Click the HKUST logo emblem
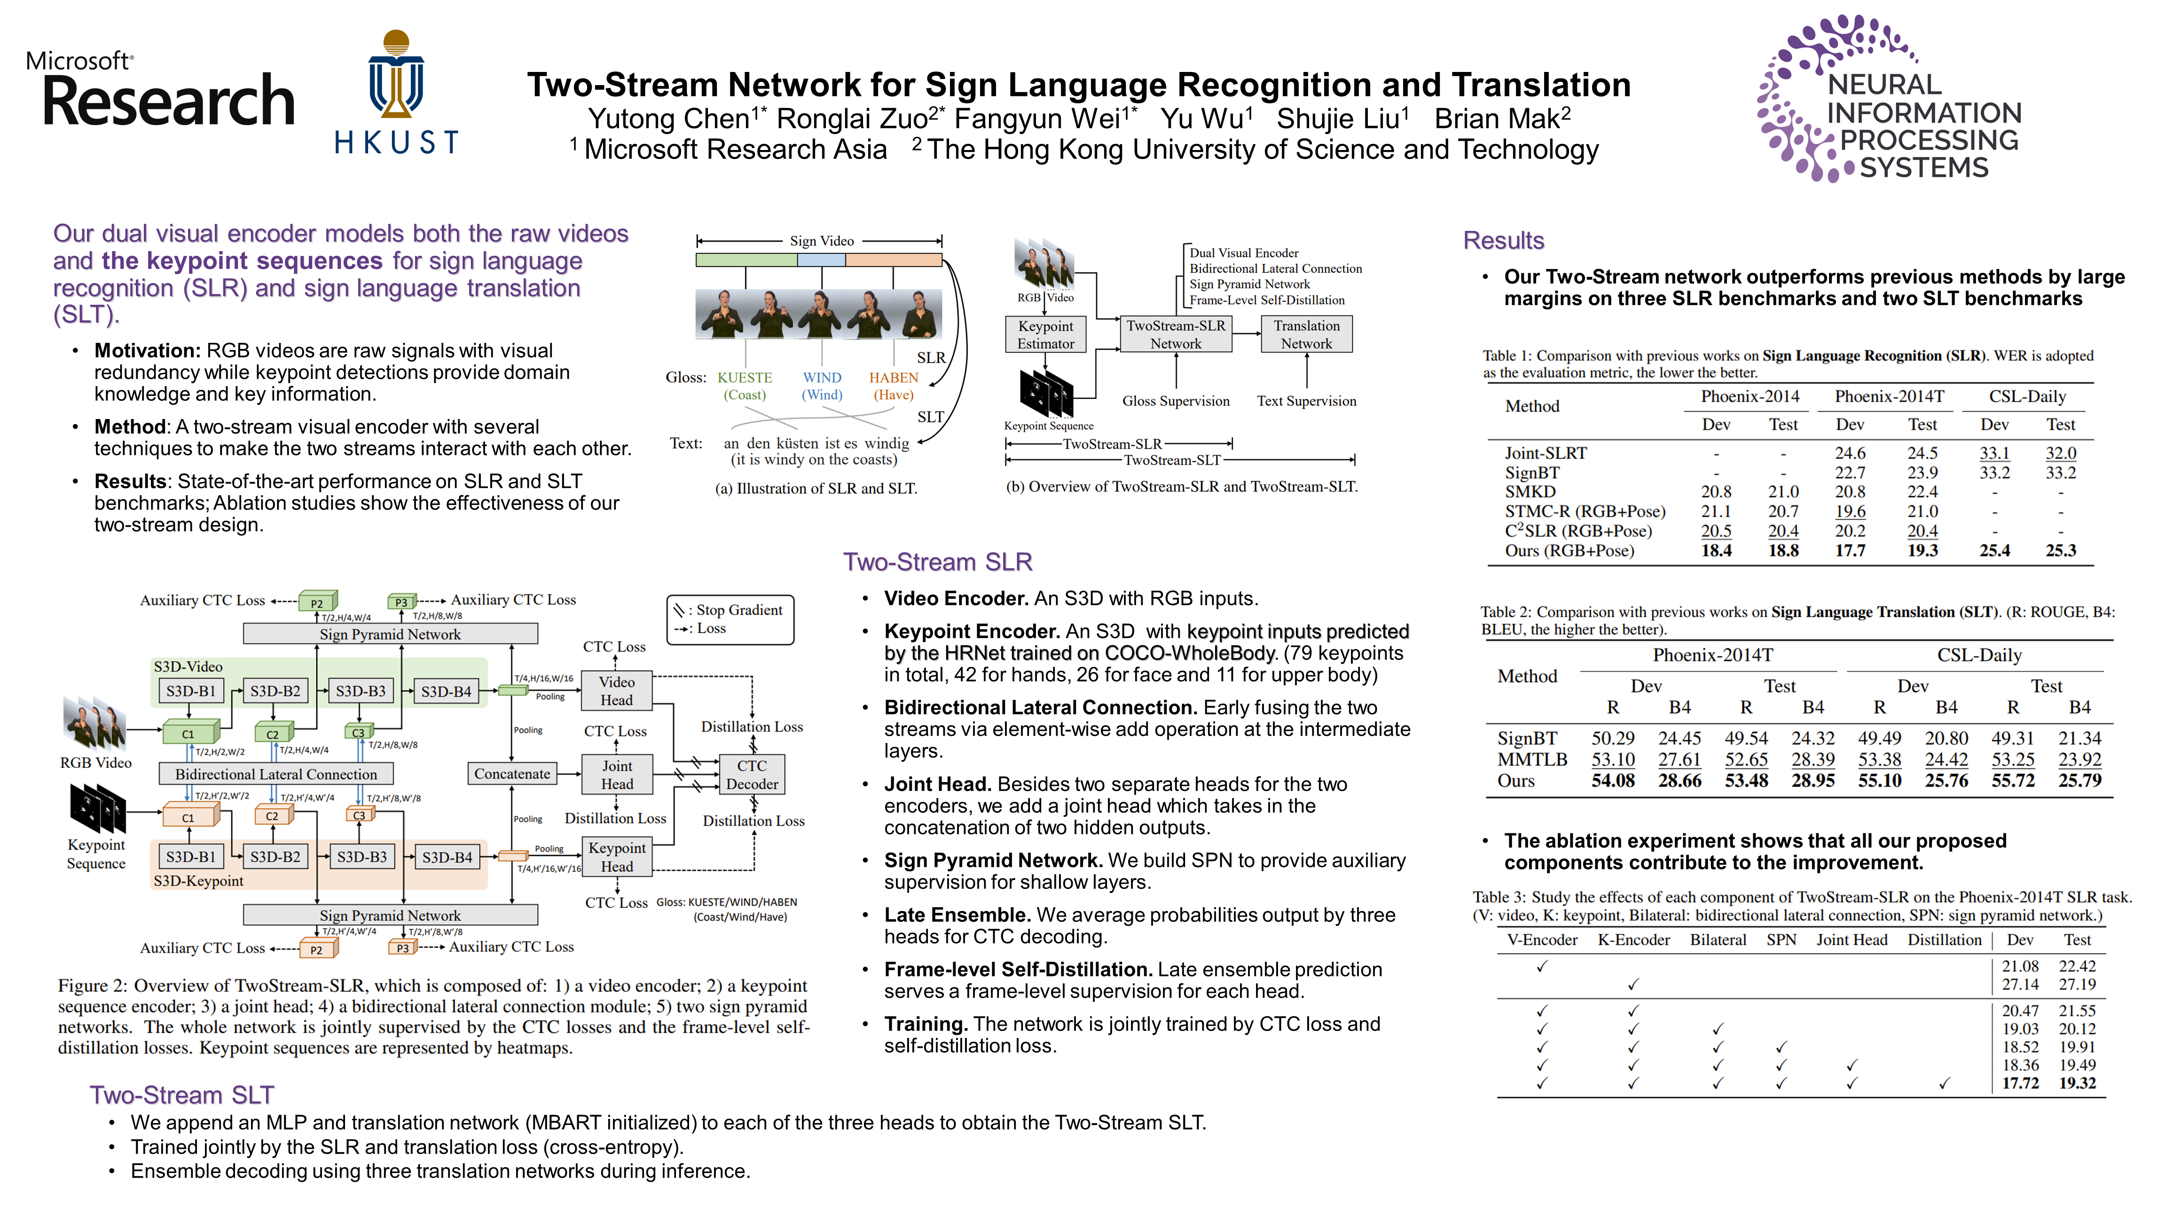396,76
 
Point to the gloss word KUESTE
744,378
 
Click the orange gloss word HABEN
893,378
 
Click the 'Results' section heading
1503,241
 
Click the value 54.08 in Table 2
1612,781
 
